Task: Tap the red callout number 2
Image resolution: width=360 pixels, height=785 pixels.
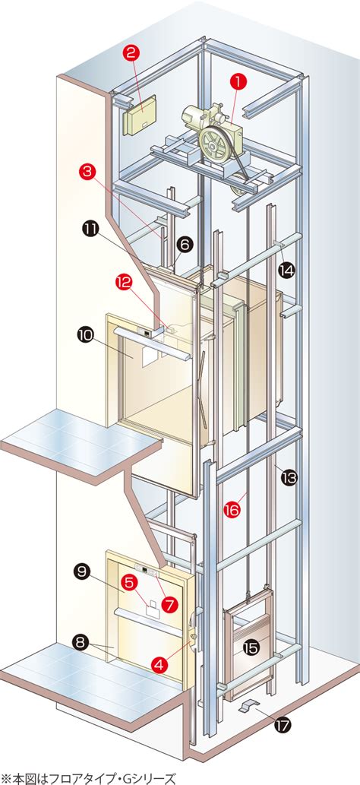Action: click(131, 53)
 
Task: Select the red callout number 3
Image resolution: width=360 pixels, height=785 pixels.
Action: click(87, 172)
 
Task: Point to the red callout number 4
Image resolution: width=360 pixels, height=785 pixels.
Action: click(159, 664)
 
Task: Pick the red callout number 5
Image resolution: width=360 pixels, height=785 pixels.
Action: click(129, 582)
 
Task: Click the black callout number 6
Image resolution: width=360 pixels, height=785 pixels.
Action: click(184, 244)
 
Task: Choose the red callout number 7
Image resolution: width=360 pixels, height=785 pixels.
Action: click(170, 604)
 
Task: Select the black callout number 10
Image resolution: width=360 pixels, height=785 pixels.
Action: click(85, 335)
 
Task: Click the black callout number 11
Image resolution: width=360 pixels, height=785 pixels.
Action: click(90, 229)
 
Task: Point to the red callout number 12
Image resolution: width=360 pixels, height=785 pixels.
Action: click(123, 283)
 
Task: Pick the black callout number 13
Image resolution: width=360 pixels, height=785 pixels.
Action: click(289, 478)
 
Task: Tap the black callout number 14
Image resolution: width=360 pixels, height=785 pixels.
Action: click(287, 271)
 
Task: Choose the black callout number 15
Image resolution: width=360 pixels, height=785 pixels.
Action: click(251, 647)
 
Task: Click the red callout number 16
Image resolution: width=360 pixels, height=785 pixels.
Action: click(232, 510)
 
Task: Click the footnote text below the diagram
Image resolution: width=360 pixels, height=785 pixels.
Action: click(89, 778)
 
